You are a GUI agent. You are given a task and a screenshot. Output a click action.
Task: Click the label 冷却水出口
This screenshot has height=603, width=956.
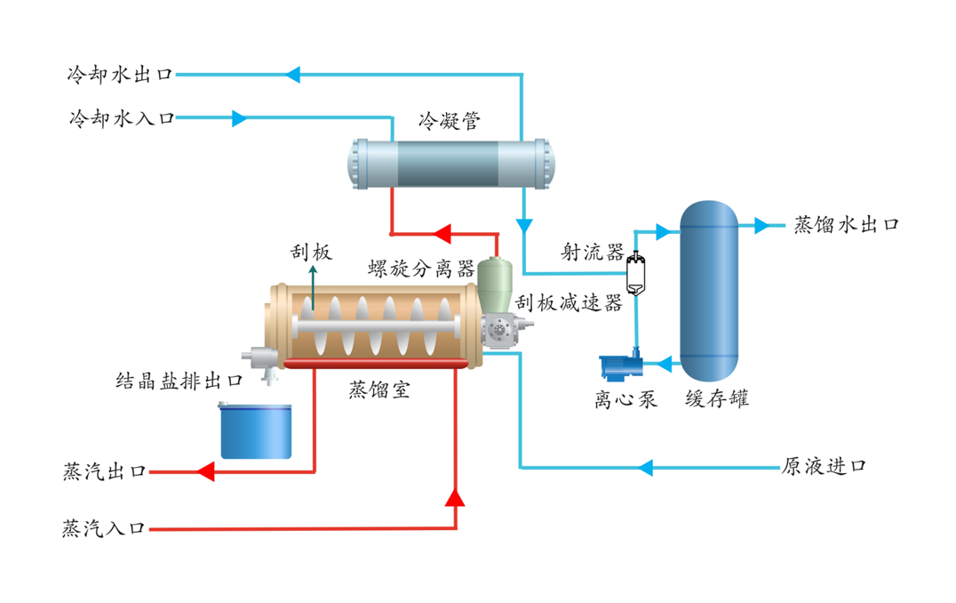tap(120, 75)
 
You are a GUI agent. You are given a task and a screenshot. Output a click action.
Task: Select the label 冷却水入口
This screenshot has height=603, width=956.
tap(120, 118)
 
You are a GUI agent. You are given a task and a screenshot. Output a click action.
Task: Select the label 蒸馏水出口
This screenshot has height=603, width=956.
tap(846, 225)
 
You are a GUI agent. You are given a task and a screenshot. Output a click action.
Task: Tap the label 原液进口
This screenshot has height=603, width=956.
tap(824, 467)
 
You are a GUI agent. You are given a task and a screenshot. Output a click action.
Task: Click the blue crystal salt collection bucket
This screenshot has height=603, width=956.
tap(256, 430)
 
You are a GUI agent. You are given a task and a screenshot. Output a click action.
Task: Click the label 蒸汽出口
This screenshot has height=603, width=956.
tap(104, 471)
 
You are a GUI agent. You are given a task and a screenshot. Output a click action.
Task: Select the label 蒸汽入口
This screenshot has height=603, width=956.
tap(104, 529)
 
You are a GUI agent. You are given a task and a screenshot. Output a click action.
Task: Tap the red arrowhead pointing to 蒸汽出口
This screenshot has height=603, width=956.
tap(205, 471)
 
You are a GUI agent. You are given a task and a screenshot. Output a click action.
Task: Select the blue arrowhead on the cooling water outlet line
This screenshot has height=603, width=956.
tap(293, 75)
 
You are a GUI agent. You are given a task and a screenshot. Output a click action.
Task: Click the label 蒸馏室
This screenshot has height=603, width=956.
tap(379, 390)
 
